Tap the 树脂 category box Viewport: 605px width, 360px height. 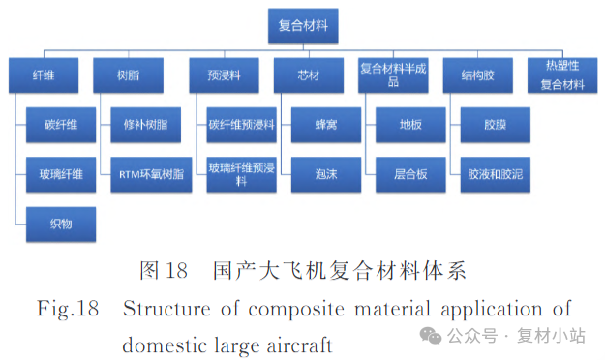coord(127,75)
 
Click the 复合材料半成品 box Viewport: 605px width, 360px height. coord(393,75)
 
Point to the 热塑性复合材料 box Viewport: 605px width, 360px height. coord(561,75)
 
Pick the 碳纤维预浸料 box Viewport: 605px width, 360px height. coord(242,125)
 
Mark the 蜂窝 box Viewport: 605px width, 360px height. coord(325,125)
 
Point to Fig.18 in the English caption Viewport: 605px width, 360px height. coord(68,310)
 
